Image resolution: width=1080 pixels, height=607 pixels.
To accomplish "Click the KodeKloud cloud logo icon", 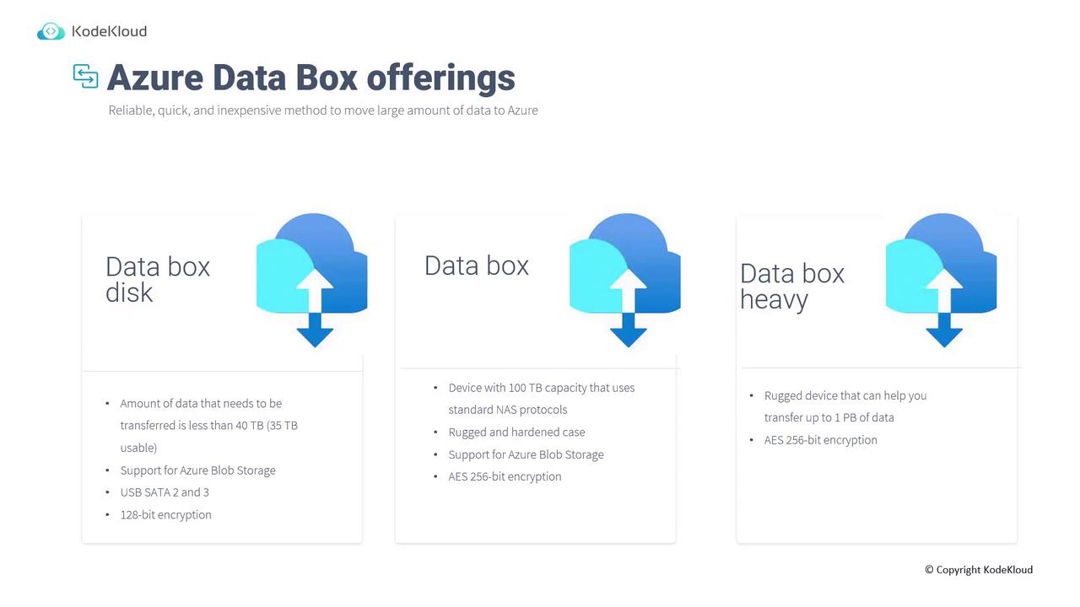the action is pyautogui.click(x=51, y=31).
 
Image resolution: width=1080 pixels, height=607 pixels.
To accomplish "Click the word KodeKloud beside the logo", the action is pyautogui.click(x=110, y=31).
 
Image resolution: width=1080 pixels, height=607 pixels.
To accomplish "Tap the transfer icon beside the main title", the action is pyautogui.click(x=86, y=76).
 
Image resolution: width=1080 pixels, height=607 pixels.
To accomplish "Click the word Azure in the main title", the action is pyautogui.click(x=155, y=78).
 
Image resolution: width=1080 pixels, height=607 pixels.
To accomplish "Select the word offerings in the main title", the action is pyautogui.click(x=440, y=78).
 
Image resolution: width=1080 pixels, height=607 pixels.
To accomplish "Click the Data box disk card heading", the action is pyautogui.click(x=158, y=279).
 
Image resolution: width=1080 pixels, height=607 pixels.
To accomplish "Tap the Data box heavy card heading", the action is pyautogui.click(x=792, y=286).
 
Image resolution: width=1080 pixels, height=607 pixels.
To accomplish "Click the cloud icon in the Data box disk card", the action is pyautogui.click(x=312, y=280).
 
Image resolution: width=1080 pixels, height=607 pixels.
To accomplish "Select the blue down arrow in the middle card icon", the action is pyautogui.click(x=629, y=330).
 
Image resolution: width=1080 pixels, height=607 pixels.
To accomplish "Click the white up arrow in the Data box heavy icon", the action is pyautogui.click(x=944, y=291).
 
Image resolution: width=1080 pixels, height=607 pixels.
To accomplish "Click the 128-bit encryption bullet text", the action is pyautogui.click(x=166, y=515).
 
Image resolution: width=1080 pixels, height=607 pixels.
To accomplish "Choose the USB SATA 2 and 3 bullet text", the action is pyautogui.click(x=165, y=492).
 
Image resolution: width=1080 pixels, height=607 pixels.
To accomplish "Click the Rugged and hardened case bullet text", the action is pyautogui.click(x=516, y=432).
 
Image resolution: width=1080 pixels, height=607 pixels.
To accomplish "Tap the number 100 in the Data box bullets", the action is pyautogui.click(x=517, y=388).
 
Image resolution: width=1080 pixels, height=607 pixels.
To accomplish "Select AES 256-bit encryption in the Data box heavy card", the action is pyautogui.click(x=821, y=440).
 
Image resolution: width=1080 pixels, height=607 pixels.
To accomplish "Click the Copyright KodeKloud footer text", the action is pyautogui.click(x=979, y=570).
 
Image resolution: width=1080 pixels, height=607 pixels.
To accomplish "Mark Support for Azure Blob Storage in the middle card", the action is pyautogui.click(x=526, y=454).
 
